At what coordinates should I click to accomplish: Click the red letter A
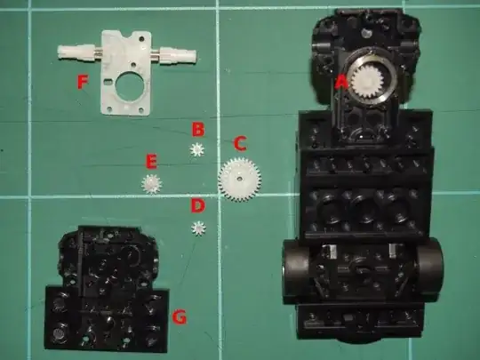tap(340, 83)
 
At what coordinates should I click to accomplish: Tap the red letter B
tap(197, 130)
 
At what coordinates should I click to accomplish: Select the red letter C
tap(240, 144)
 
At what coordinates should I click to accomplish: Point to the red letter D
tap(197, 205)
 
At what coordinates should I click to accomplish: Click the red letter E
tap(151, 162)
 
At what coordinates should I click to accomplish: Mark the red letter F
tap(83, 82)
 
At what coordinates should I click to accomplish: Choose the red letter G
tap(180, 316)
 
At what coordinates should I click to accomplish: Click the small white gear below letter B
tap(196, 149)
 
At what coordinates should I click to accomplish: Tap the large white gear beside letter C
tap(239, 179)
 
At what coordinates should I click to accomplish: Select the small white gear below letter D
tap(199, 228)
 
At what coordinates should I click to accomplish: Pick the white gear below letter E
tap(151, 184)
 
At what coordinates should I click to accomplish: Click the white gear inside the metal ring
tap(367, 82)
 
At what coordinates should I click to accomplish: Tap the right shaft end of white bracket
tap(192, 55)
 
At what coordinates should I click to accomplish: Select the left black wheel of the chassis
tap(296, 271)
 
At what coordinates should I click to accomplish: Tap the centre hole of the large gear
tap(238, 178)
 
